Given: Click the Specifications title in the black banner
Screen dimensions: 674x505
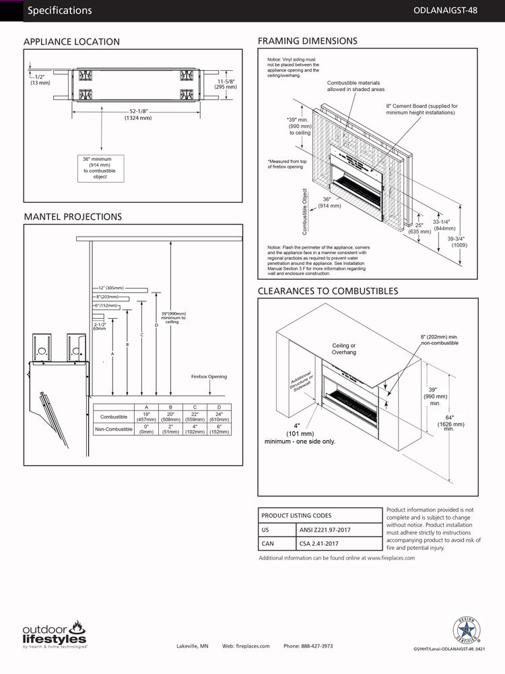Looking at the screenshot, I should [60, 11].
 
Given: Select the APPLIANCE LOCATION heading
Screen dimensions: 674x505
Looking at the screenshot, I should [71, 42].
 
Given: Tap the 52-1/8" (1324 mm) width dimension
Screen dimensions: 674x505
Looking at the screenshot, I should [138, 115].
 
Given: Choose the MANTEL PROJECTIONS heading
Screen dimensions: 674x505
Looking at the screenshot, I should [73, 217].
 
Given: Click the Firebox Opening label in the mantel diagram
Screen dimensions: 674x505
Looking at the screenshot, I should [209, 377].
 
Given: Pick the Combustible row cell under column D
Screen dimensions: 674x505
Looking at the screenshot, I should [218, 417].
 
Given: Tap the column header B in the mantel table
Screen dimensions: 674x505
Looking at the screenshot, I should [170, 407].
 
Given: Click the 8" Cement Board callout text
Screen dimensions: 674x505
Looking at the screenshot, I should [422, 109].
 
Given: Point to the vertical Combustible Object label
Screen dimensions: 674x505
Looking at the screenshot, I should [305, 211].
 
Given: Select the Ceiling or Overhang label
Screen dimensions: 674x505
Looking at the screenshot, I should [343, 348].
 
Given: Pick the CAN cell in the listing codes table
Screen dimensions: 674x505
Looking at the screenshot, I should [267, 543].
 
